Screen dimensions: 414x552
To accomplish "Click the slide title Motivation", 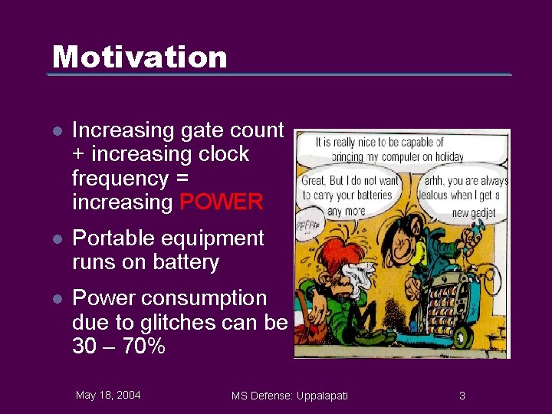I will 140,57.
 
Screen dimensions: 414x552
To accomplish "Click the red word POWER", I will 221,202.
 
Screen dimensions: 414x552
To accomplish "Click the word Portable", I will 112,238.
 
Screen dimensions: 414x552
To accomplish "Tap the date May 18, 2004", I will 108,395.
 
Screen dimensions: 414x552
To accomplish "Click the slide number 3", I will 462,396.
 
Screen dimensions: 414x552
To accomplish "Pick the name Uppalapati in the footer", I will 319,396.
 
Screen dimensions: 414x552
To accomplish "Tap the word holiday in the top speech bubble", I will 465,156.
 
